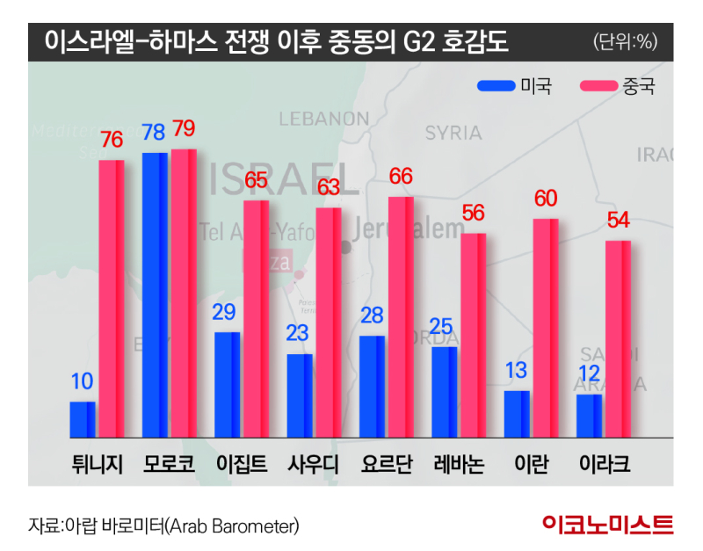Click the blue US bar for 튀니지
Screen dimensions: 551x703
[x=83, y=419]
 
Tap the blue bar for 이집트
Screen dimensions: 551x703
[x=227, y=384]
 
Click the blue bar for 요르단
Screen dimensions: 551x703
[x=372, y=386]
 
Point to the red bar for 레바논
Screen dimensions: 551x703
[x=474, y=335]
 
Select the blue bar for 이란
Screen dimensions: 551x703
[x=517, y=414]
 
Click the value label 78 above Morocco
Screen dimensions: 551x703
[x=154, y=133]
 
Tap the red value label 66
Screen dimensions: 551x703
[x=401, y=177]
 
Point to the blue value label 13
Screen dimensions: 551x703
[x=517, y=371]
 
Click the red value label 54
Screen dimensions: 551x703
[x=618, y=221]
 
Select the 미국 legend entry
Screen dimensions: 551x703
[x=514, y=85]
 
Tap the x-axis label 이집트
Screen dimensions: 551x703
[x=242, y=463]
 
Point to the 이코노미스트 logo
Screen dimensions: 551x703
[x=608, y=525]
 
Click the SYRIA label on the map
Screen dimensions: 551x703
[x=453, y=133]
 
